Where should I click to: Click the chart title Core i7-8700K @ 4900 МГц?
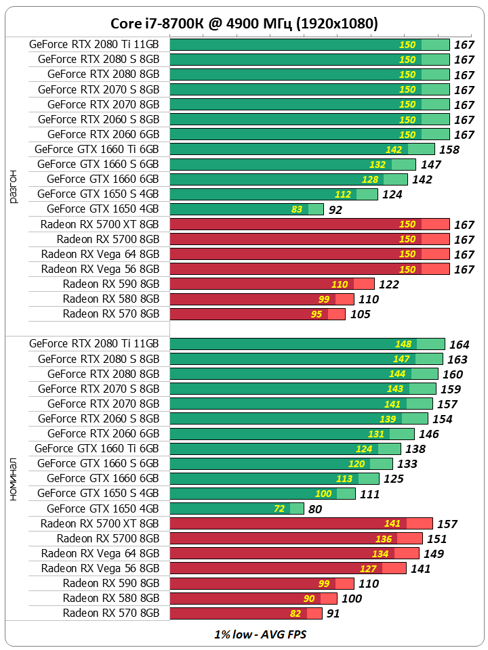click(244, 24)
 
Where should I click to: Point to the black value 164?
click(459, 345)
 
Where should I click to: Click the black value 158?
click(449, 150)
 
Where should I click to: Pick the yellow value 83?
click(297, 209)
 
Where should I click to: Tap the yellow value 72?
click(279, 508)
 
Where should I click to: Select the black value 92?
click(335, 210)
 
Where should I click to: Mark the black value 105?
click(361, 314)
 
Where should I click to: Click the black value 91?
click(332, 613)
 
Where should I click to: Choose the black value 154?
click(442, 419)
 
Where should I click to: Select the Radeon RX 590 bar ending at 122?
click(271, 284)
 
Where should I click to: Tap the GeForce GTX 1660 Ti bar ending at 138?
click(285, 449)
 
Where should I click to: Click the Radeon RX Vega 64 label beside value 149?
click(100, 553)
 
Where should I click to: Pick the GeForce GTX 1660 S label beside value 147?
click(98, 164)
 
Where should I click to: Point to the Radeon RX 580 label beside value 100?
click(111, 598)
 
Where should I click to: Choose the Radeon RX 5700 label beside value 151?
click(108, 538)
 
